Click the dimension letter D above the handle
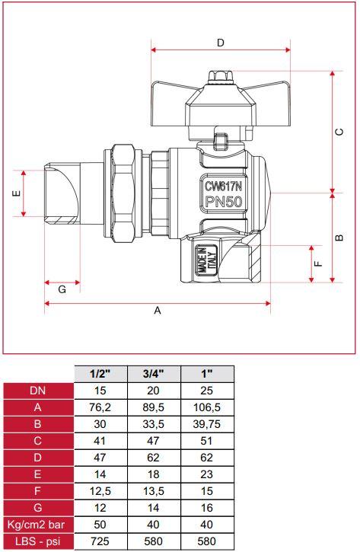pyautogui.click(x=221, y=43)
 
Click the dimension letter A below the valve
pyautogui.click(x=158, y=311)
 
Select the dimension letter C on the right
pyautogui.click(x=340, y=131)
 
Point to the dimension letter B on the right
pyautogui.click(x=340, y=237)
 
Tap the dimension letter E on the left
pyautogui.click(x=15, y=193)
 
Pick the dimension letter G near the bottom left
pyautogui.click(x=62, y=289)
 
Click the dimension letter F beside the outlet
pyautogui.click(x=319, y=263)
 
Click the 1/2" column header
pyautogui.click(x=100, y=374)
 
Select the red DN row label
pyautogui.click(x=38, y=391)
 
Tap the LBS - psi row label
pyautogui.click(x=38, y=541)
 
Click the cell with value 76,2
pyautogui.click(x=100, y=407)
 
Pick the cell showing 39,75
pyautogui.click(x=206, y=424)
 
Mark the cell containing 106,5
pyautogui.click(x=206, y=407)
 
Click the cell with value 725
pyautogui.click(x=100, y=541)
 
